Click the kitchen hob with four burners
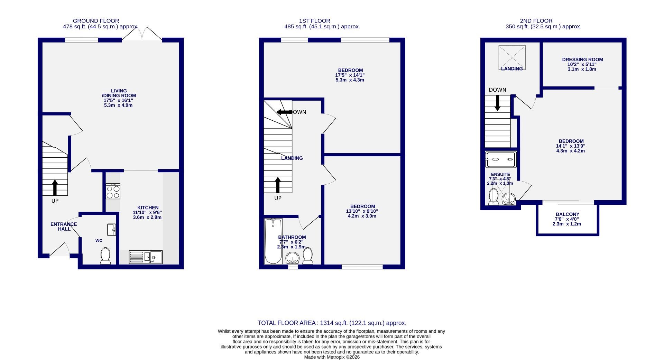[113, 191]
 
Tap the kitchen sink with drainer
[146, 257]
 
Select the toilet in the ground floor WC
[105, 256]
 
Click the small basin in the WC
[111, 230]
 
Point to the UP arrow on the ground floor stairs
[55, 187]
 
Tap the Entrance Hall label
[64, 227]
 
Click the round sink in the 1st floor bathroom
[293, 258]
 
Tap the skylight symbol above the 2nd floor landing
[512, 57]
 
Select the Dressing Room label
[582, 59]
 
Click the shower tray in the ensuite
[501, 159]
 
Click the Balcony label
[567, 214]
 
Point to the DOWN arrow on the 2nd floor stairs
[497, 103]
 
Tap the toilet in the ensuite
[493, 197]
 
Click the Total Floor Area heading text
[332, 323]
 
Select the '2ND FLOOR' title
[536, 21]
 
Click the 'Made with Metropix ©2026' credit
[332, 357]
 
